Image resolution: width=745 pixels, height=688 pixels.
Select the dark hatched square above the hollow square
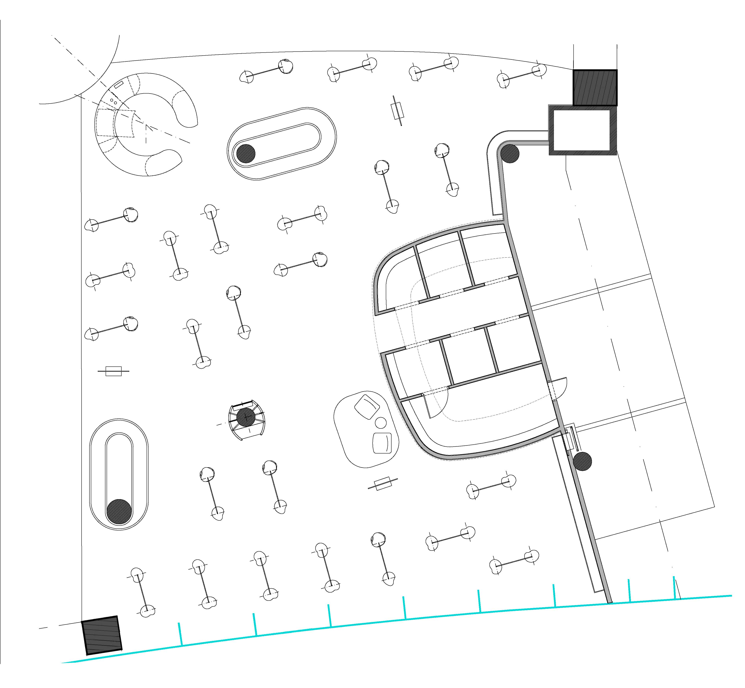tap(594, 88)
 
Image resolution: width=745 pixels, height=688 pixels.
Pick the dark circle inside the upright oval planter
tap(119, 512)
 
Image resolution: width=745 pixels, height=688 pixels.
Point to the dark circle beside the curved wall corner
tap(510, 153)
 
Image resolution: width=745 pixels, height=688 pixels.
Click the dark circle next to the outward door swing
tap(582, 461)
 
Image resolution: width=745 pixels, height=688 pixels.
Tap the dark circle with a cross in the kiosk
tap(246, 417)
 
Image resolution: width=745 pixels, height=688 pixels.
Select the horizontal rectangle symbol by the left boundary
tap(114, 371)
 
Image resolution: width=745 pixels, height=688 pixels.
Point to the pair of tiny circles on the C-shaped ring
tap(114, 101)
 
